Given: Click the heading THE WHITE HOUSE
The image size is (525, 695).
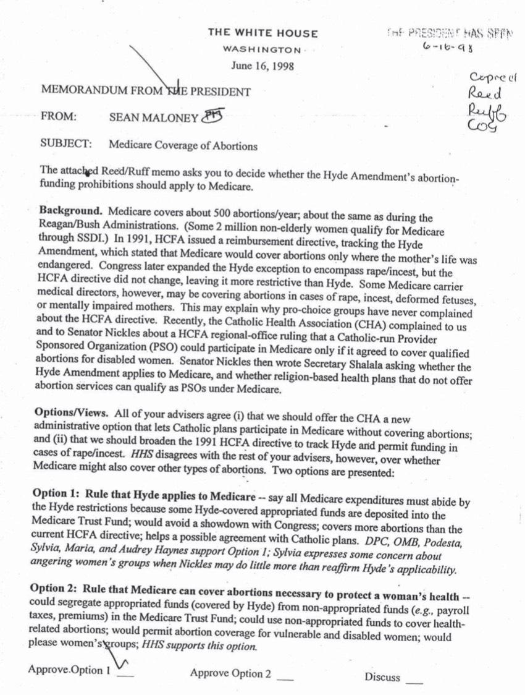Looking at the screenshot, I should click(262, 33).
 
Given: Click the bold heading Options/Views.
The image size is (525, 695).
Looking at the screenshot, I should click(73, 411).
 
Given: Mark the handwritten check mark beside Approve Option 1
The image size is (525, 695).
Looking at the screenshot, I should click(122, 665).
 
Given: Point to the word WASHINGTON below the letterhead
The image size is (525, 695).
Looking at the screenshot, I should click(262, 49).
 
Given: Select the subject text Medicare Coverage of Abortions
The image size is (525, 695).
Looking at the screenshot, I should click(183, 145).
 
